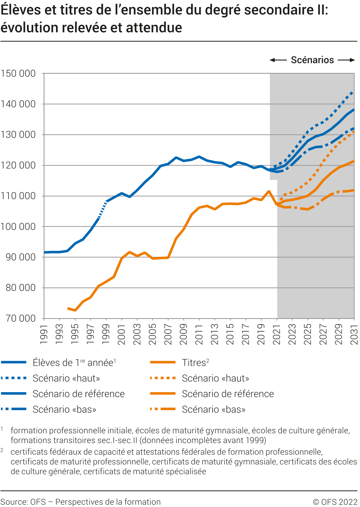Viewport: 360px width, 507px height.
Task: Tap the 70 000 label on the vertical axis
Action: (x=21, y=318)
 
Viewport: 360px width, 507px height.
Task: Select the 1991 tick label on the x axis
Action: (x=44, y=334)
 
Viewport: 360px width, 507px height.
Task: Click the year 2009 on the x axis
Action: (x=184, y=334)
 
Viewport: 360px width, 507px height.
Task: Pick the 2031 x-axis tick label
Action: (x=354, y=334)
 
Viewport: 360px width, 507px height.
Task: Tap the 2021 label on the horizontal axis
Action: (x=277, y=334)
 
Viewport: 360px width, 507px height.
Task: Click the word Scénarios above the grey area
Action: (x=312, y=60)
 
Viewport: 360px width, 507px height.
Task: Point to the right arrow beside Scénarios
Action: (x=346, y=60)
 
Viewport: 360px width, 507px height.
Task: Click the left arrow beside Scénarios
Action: (x=278, y=60)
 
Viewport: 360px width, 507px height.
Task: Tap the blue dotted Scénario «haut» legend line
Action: (x=14, y=378)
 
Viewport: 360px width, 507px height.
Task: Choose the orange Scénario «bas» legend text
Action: (x=214, y=409)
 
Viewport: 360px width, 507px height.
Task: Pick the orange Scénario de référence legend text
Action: (x=228, y=394)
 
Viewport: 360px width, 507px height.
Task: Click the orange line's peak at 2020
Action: (x=269, y=191)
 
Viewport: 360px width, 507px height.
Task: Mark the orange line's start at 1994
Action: (x=68, y=309)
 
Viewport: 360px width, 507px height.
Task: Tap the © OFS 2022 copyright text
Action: (x=335, y=502)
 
